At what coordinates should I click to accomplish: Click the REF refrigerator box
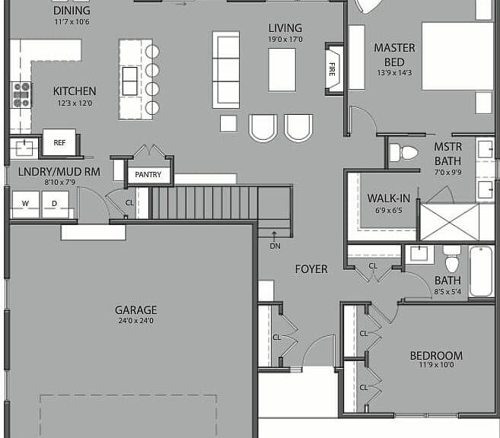[59, 142]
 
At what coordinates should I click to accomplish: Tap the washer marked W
[26, 205]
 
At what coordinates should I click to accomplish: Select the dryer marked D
[55, 205]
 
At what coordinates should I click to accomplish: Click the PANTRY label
[148, 175]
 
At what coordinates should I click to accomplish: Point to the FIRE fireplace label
[332, 69]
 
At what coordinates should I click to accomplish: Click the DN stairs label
[275, 246]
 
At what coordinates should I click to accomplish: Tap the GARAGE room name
[135, 310]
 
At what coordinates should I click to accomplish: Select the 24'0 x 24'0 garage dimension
[135, 320]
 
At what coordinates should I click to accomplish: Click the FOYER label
[311, 269]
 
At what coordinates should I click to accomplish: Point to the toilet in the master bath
[403, 153]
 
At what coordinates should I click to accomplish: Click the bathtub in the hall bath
[481, 271]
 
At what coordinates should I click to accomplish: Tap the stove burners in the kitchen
[21, 94]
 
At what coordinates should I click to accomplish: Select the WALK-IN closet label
[388, 198]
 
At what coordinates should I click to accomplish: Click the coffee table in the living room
[282, 70]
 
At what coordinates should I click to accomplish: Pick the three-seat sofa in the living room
[226, 70]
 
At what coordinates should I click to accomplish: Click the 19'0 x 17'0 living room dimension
[285, 40]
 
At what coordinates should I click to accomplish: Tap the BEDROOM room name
[436, 355]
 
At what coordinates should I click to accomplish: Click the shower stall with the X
[450, 222]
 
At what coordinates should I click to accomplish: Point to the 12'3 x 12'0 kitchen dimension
[75, 103]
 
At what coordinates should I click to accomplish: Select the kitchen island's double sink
[130, 81]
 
